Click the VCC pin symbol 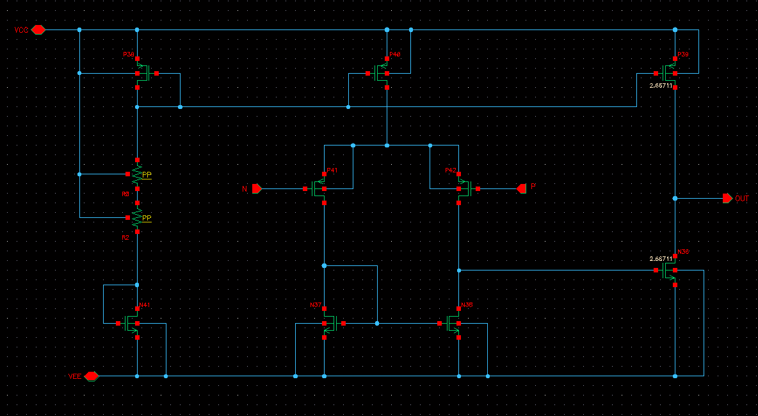[38, 29]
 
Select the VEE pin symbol [91, 376]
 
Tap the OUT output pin [727, 199]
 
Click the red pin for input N [257, 188]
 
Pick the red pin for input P [521, 188]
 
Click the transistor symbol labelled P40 [383, 73]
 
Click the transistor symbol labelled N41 [133, 323]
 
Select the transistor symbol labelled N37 [329, 323]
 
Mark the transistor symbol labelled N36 [454, 323]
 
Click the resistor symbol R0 [137, 174]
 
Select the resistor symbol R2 [137, 218]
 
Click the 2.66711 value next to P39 [661, 85]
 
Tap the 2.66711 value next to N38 [661, 259]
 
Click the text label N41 [145, 305]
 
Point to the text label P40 [394, 55]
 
